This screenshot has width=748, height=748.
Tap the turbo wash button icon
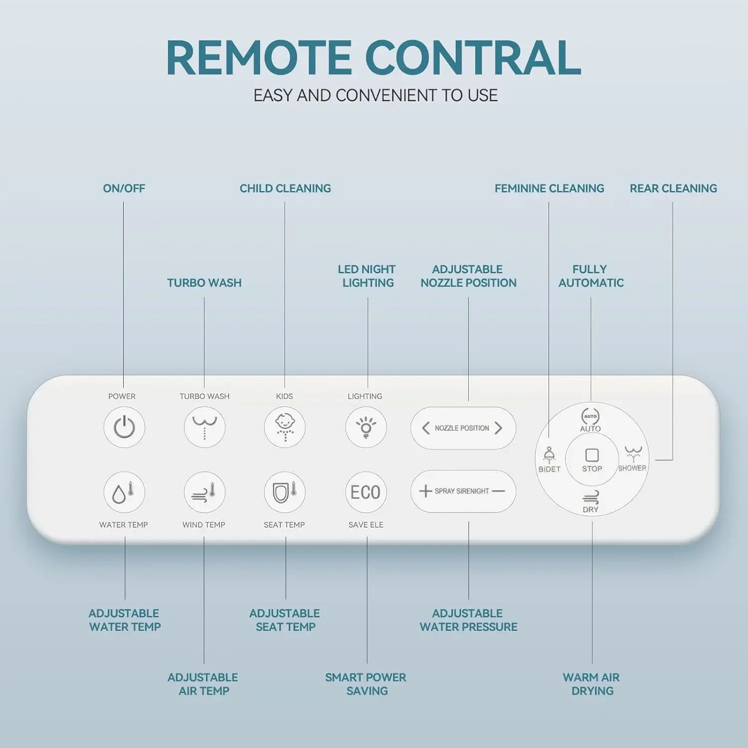click(x=204, y=427)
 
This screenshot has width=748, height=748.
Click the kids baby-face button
click(x=285, y=427)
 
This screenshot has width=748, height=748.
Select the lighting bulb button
click(x=366, y=427)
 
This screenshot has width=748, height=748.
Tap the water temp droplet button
click(x=124, y=492)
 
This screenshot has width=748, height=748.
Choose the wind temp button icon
click(x=204, y=492)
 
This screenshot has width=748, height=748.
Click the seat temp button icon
click(x=285, y=492)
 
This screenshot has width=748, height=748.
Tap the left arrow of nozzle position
click(x=425, y=428)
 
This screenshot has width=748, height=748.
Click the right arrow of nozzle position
click(x=498, y=428)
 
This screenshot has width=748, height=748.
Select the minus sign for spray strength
click(x=498, y=491)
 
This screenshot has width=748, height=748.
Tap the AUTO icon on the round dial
click(x=590, y=416)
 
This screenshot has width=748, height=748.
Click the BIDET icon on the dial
click(x=549, y=455)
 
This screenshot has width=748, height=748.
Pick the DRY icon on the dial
click(x=591, y=497)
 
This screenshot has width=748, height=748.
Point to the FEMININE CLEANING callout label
click(x=549, y=188)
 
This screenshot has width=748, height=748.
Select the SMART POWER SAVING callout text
click(x=366, y=684)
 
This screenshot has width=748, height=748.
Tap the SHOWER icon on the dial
click(x=633, y=454)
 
